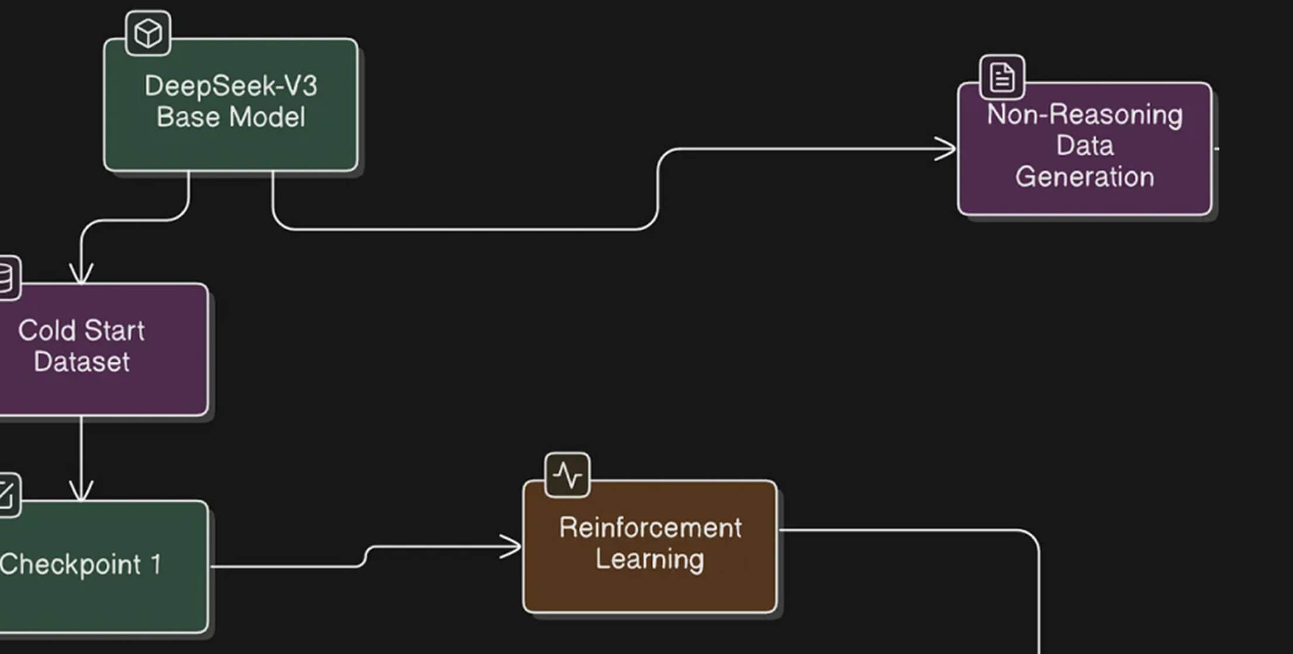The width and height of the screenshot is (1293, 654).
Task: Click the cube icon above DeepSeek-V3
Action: (x=148, y=33)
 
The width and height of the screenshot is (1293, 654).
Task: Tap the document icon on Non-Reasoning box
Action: (x=1002, y=77)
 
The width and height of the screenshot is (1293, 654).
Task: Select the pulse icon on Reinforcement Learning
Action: (x=567, y=475)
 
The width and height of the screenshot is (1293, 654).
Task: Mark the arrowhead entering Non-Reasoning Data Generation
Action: (x=947, y=149)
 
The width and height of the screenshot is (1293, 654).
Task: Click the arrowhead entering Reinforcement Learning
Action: (x=512, y=547)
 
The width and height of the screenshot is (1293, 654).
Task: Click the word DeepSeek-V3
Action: (x=231, y=86)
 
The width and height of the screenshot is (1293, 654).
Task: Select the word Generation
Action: (x=1085, y=176)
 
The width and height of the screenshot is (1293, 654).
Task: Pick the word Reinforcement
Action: (x=650, y=528)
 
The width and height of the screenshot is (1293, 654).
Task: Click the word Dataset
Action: (x=82, y=361)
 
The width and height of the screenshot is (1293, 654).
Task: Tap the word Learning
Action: (x=650, y=559)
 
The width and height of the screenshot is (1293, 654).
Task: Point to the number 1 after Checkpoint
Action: (x=155, y=565)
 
